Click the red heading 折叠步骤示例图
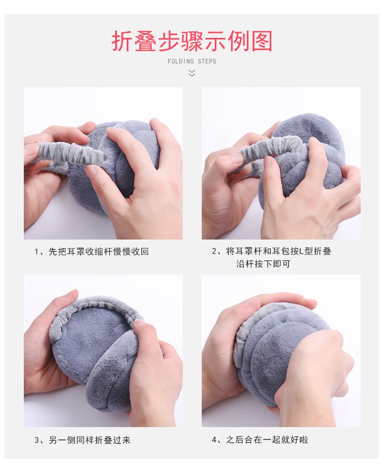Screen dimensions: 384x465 click(192, 41)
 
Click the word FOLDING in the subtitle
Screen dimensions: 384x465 click(181, 61)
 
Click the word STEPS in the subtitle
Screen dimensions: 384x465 click(207, 61)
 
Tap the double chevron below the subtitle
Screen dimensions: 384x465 click(192, 73)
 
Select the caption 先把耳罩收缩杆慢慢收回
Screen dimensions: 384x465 click(99, 252)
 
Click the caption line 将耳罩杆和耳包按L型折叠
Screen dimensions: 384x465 click(279, 251)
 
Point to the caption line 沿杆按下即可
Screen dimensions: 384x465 click(263, 264)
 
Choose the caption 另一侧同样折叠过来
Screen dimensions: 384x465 click(89, 440)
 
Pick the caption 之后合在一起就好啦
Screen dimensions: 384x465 click(267, 439)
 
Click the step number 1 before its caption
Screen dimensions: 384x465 click(37, 252)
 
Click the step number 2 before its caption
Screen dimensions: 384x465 click(214, 252)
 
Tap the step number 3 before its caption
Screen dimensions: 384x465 click(37, 440)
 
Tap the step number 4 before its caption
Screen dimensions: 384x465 click(214, 440)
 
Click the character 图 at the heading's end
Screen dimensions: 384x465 click(262, 41)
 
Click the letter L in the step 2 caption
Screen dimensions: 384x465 click(301, 252)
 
